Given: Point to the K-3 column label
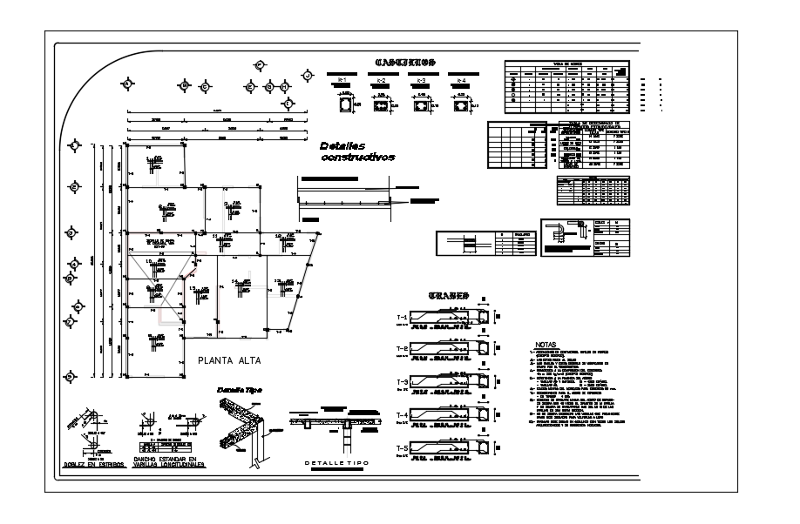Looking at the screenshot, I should pos(421,80).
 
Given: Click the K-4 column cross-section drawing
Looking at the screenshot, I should pos(460,105).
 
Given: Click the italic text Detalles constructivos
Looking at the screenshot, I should pos(357,151).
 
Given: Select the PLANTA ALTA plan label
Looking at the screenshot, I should pos(229,359).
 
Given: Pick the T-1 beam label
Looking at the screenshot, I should pos(402,315).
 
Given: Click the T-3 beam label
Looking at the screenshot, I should pos(402,382).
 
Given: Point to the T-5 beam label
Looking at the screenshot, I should pos(402,449).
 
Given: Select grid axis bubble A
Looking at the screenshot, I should pos(128,84).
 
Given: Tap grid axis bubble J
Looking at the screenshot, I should pos(308,77).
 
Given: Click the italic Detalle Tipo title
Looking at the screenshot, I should pos(240,390).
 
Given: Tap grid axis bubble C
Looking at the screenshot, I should pos(206,86).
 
